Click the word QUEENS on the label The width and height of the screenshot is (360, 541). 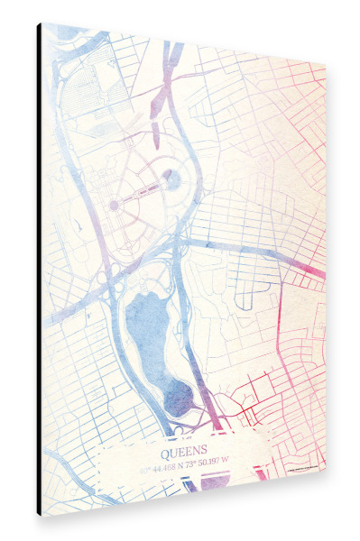point(184,448)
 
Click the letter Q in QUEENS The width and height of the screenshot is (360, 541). point(165,448)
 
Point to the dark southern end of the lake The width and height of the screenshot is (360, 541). point(180,398)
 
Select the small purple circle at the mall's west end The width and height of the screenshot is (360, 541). point(115,206)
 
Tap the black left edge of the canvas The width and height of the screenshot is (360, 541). point(39,270)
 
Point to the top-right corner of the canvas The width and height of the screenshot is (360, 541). point(324,65)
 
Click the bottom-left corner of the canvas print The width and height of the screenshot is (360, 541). point(40,514)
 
